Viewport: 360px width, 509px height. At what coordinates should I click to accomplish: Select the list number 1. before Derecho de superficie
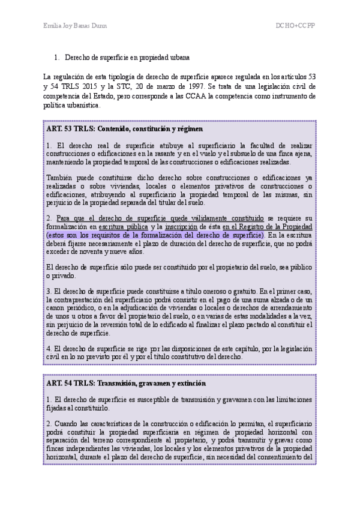click(57, 58)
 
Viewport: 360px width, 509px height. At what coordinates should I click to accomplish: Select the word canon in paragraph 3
click(57, 309)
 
